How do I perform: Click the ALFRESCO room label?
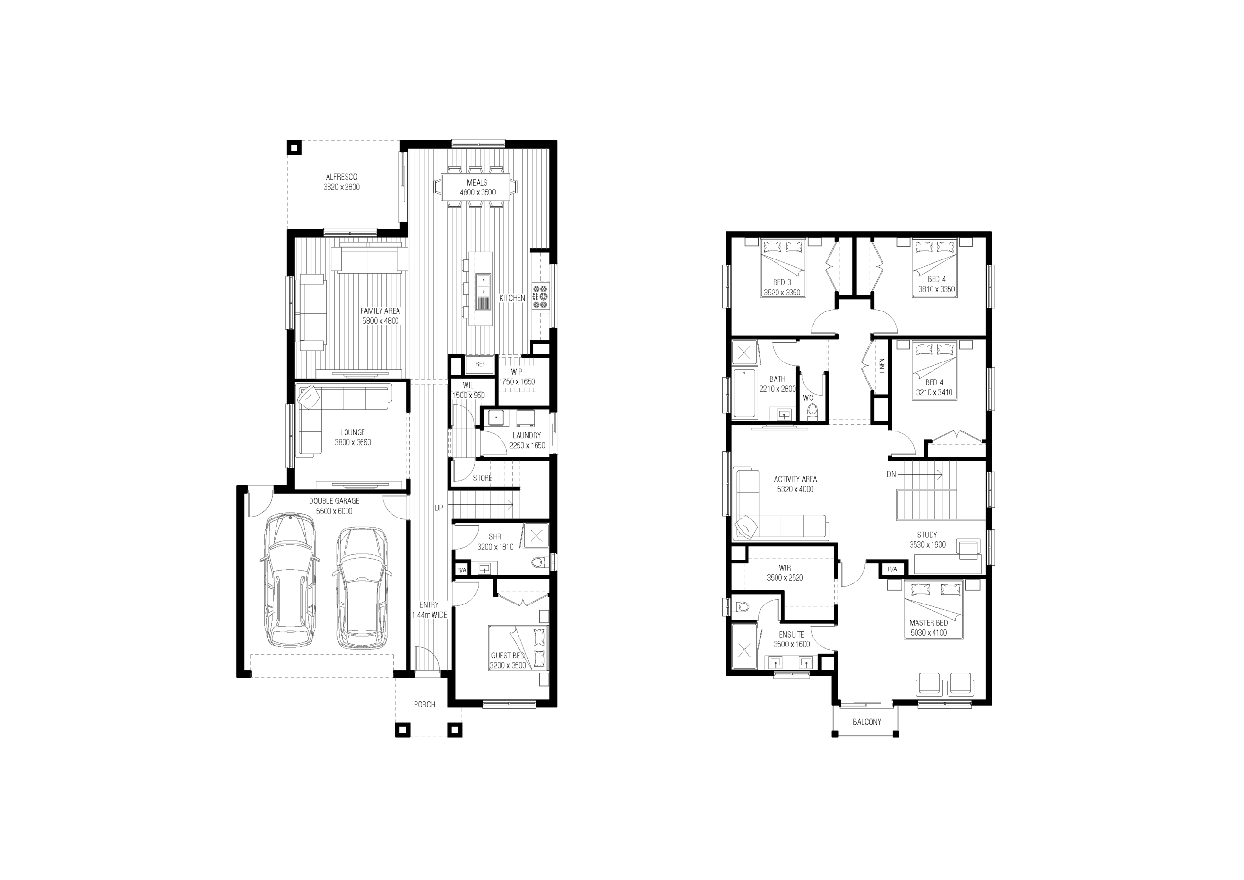pos(341,177)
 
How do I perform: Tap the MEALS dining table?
pos(477,188)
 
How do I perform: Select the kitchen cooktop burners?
pos(540,296)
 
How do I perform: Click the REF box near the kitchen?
pos(480,364)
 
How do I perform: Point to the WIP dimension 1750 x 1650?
pos(517,381)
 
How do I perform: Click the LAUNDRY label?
pos(526,435)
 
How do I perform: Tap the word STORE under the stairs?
pos(482,478)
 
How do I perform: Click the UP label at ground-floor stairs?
pos(438,508)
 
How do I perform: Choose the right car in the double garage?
pos(361,587)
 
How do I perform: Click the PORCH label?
pos(424,705)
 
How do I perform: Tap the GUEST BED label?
pos(508,656)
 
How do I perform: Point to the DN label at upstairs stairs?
pos(891,475)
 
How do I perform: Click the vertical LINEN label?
pos(882,366)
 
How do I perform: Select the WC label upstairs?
pos(808,398)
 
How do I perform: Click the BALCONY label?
pos(867,722)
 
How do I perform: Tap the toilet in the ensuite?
pos(740,607)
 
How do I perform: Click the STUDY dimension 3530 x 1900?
pos(928,545)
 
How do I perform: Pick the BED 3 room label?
pos(782,282)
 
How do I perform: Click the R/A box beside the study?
pos(892,569)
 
